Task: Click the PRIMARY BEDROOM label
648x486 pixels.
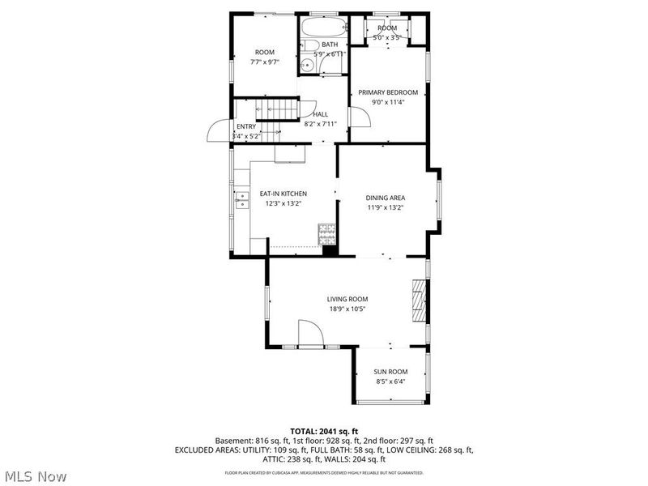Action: [x=388, y=92]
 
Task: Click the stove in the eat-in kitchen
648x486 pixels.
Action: [x=327, y=234]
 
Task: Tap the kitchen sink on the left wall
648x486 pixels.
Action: [x=242, y=200]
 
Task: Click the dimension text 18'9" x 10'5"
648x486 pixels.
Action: [x=347, y=309]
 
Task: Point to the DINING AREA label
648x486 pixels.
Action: [x=386, y=198]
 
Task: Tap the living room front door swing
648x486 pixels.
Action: [x=309, y=332]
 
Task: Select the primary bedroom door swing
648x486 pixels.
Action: [x=359, y=117]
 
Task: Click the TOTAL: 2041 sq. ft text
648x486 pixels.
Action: [x=323, y=430]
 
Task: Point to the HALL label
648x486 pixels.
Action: [x=321, y=114]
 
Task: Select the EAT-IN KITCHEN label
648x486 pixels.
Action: [x=283, y=194]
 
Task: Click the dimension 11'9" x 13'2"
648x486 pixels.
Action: [x=386, y=207]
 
